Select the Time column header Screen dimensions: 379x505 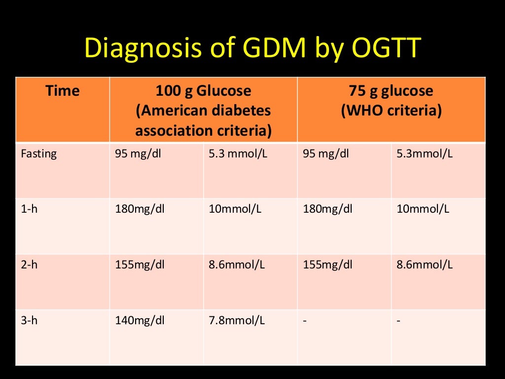pyautogui.click(x=62, y=91)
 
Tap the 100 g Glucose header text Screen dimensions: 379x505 pyautogui.click(x=203, y=91)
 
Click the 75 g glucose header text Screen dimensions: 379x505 pyautogui.click(x=391, y=91)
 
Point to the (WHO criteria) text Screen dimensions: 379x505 pyautogui.click(x=391, y=111)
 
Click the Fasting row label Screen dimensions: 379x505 pyautogui.click(x=39, y=153)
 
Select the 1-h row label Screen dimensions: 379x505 pyautogui.click(x=29, y=209)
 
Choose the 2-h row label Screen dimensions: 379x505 pyautogui.click(x=29, y=265)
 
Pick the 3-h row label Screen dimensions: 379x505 pyautogui.click(x=29, y=320)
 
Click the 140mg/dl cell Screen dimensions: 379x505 pyautogui.click(x=140, y=320)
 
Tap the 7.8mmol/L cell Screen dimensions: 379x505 pyautogui.click(x=237, y=320)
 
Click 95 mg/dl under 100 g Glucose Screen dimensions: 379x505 pyautogui.click(x=138, y=153)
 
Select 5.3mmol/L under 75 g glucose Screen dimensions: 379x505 pyautogui.click(x=425, y=153)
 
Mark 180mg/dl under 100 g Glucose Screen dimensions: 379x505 pyautogui.click(x=140, y=209)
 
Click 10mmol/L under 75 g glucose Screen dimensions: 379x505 pyautogui.click(x=423, y=209)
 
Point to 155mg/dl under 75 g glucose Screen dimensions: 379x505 pyautogui.click(x=327, y=265)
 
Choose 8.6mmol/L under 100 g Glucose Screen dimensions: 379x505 pyautogui.click(x=237, y=265)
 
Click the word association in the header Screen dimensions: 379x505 pyautogui.click(x=169, y=131)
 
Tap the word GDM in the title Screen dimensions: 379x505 pyautogui.click(x=274, y=49)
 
